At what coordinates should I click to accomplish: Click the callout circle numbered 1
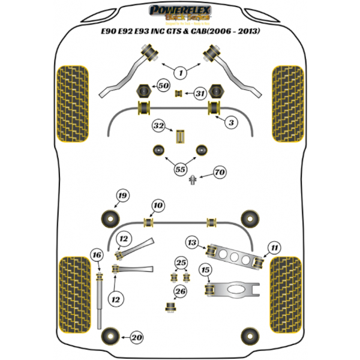pyautogui.click(x=179, y=73)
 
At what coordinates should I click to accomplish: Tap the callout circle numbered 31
pyautogui.click(x=200, y=93)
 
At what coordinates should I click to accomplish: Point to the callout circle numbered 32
pyautogui.click(x=158, y=126)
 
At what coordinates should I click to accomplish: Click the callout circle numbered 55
pyautogui.click(x=179, y=169)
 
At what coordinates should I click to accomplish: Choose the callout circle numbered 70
pyautogui.click(x=220, y=173)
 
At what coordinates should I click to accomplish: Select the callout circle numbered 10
pyautogui.click(x=157, y=206)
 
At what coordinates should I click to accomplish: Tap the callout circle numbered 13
pyautogui.click(x=274, y=247)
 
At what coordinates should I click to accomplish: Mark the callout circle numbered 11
pyautogui.click(x=124, y=240)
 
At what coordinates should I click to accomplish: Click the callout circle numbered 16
pyautogui.click(x=192, y=242)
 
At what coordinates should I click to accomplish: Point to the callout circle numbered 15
pyautogui.click(x=206, y=269)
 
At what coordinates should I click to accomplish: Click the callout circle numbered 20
pyautogui.click(x=137, y=338)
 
